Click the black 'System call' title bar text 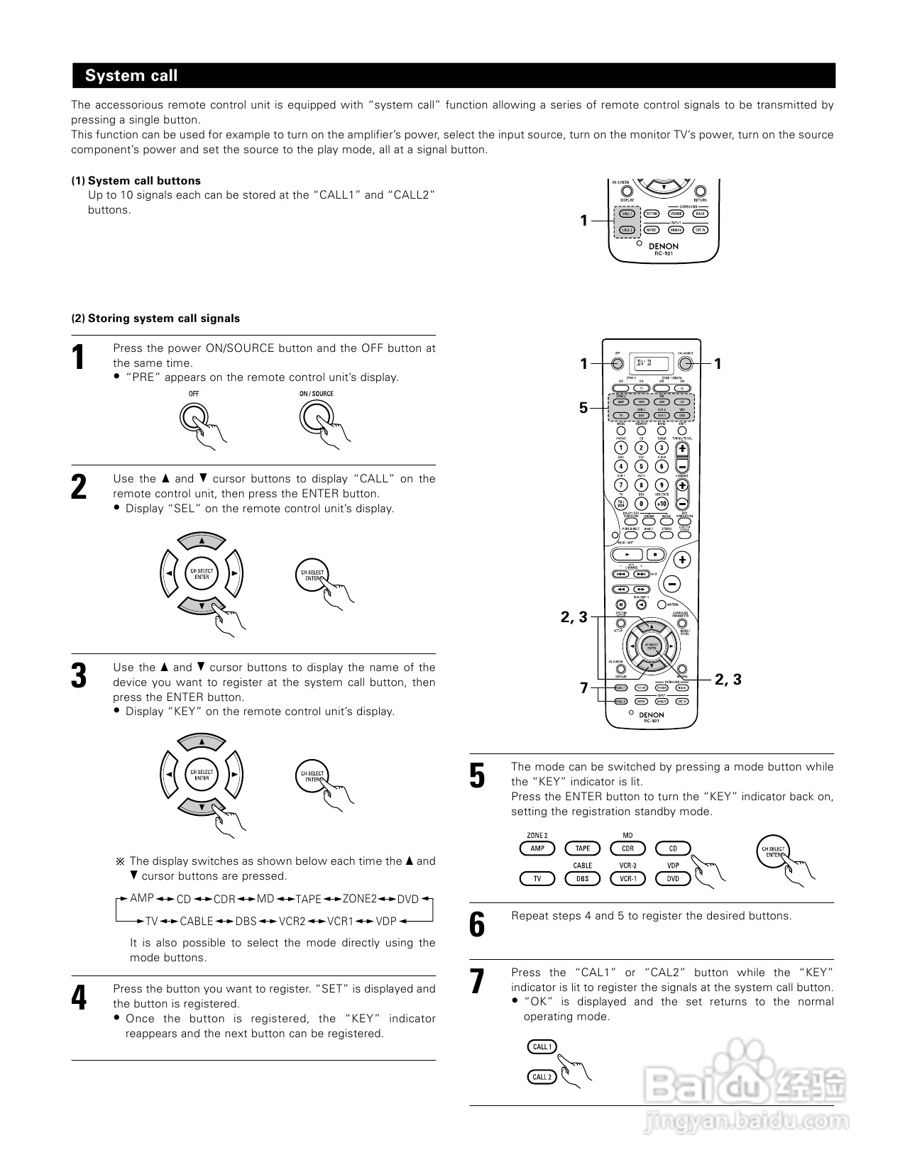pos(131,76)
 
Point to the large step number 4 pos(79,998)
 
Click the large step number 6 pos(478,924)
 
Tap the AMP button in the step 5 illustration pos(537,848)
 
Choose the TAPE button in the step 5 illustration pos(582,848)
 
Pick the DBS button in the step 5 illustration pos(582,878)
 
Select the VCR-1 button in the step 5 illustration pos(627,878)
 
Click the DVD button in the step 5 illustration pos(673,878)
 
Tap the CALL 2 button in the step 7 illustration pos(541,1077)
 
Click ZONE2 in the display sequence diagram pos(360,899)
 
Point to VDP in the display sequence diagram pos(386,921)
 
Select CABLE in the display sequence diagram pos(197,921)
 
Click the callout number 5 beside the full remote pos(583,408)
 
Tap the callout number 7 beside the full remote pos(583,688)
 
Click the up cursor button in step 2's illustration pos(202,541)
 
